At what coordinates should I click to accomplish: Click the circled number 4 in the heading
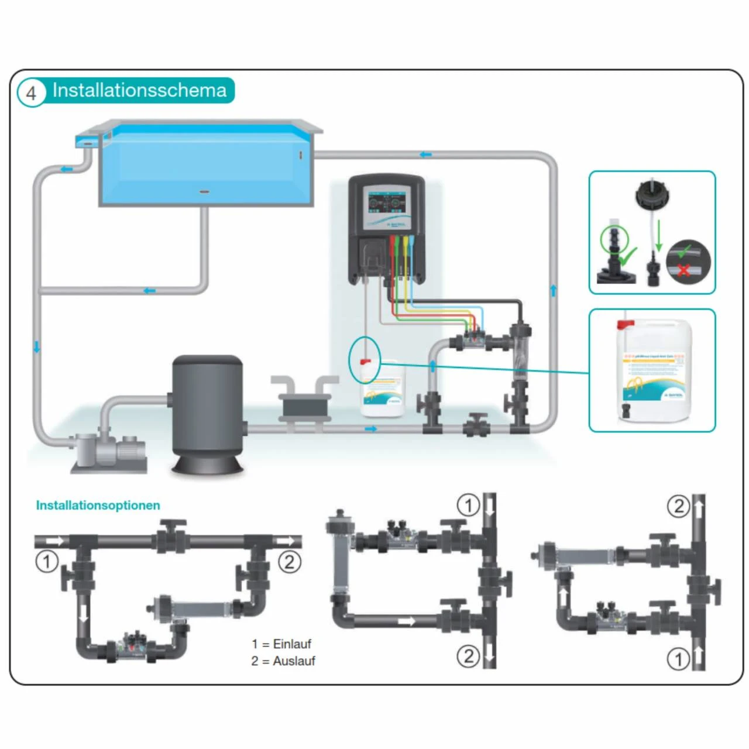31,92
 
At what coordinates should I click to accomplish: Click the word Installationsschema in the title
139,90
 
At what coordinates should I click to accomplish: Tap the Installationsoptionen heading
98,505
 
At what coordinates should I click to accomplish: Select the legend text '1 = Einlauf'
281,644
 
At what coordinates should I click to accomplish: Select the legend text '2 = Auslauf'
283,661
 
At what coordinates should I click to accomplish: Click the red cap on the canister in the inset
626,324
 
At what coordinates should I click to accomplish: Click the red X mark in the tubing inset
683,270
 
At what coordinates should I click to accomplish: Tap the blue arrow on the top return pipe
425,154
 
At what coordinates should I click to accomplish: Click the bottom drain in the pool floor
204,191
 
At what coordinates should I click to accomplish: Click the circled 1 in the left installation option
47,562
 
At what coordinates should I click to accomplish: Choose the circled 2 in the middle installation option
468,656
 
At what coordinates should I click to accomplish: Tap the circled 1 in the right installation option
678,659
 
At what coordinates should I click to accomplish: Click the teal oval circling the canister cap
365,359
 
